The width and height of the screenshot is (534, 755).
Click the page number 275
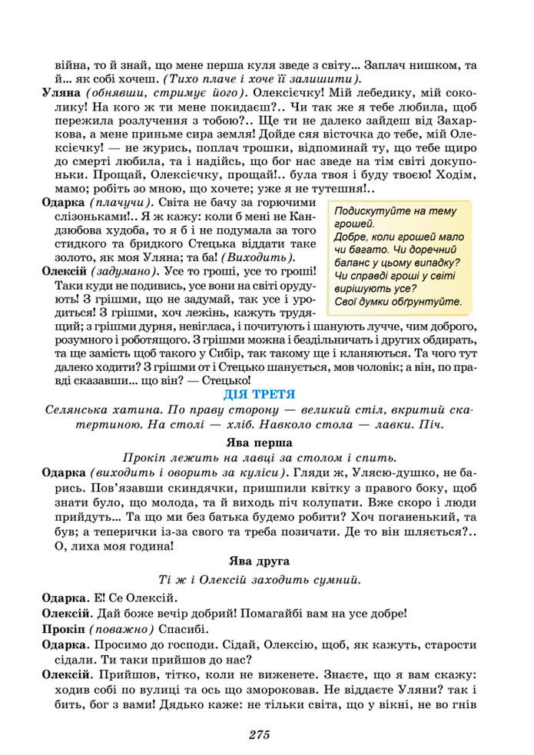tap(259, 735)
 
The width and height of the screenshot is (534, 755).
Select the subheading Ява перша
tap(259, 443)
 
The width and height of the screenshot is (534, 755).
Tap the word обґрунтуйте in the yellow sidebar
tap(427, 302)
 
